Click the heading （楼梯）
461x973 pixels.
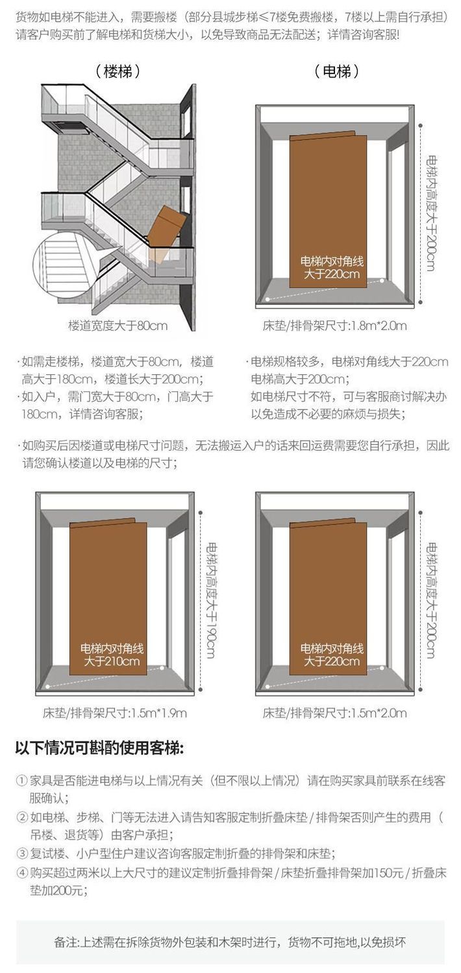[118, 71]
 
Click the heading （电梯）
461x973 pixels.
[336, 71]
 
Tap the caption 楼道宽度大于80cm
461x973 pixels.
[118, 326]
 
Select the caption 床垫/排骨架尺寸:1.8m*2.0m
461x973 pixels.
[335, 326]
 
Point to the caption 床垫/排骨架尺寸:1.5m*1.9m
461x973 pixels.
[115, 713]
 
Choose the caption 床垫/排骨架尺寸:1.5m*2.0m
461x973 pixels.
[335, 713]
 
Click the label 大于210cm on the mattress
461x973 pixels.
[112, 662]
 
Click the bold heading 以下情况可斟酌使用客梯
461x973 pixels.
[99, 749]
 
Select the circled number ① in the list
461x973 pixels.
[21, 780]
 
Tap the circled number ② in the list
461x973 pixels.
[21, 817]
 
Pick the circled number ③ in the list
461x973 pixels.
[21, 854]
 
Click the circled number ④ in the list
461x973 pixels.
[21, 872]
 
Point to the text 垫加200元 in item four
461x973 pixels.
[56, 891]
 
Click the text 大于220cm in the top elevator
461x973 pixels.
[332, 274]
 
